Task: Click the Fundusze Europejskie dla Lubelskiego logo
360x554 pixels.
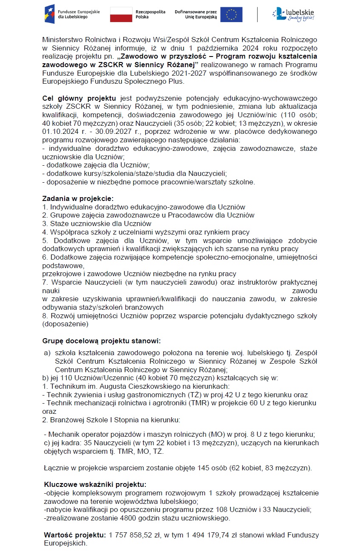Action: coord(72,14)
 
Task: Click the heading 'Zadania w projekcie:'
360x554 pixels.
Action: coord(78,198)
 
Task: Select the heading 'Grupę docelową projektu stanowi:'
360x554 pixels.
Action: coord(102,340)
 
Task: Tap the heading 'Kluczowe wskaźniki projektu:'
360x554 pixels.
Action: coord(95,484)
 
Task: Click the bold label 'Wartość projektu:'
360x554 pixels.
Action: coord(75,534)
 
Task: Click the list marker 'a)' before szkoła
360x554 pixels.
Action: coord(47,353)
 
